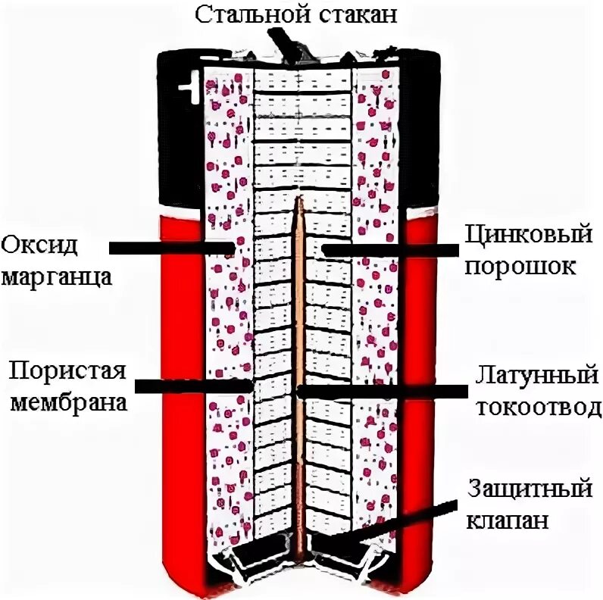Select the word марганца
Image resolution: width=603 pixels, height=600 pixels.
coord(56,275)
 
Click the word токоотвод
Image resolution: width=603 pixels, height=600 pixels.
coord(538,408)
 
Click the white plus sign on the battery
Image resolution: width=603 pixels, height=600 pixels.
coord(184,92)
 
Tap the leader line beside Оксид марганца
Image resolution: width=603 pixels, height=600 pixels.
coord(170,248)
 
